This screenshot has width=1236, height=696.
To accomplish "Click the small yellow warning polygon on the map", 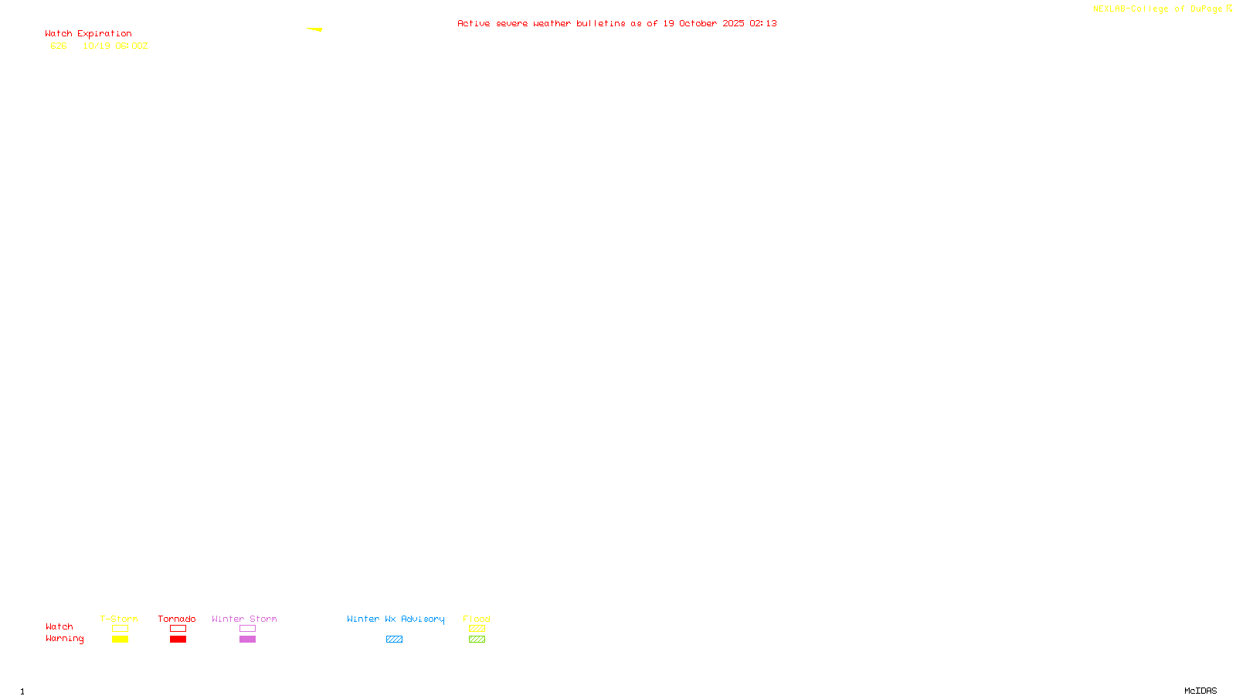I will coord(315,29).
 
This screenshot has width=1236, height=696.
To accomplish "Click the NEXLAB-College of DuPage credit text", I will coord(1157,9).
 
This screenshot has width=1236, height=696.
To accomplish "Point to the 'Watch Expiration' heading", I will coord(88,34).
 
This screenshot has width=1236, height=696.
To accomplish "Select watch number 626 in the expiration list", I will coord(59,46).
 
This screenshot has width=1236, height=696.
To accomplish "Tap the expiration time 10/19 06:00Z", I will coord(115,46).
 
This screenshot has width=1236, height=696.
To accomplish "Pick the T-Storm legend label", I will coord(119,619).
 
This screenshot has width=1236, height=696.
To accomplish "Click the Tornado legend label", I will coord(177,619).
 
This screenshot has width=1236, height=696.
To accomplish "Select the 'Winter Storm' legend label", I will coord(244,619).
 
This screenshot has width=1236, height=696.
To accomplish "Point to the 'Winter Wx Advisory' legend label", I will coord(396,619).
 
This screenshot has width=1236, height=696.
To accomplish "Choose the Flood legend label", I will coord(477,619).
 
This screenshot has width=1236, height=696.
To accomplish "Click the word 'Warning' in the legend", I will coord(64,639).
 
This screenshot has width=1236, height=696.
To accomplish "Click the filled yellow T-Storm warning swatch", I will coord(120,640).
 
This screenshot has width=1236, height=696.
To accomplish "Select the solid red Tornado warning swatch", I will coord(178,640).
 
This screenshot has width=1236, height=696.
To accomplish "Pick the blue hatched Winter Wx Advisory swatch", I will coord(394,640).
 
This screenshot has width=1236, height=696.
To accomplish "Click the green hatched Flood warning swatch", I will coord(477,640).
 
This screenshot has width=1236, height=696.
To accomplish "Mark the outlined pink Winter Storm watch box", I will coord(247,629).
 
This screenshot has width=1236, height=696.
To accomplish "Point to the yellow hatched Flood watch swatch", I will coord(477,629).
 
